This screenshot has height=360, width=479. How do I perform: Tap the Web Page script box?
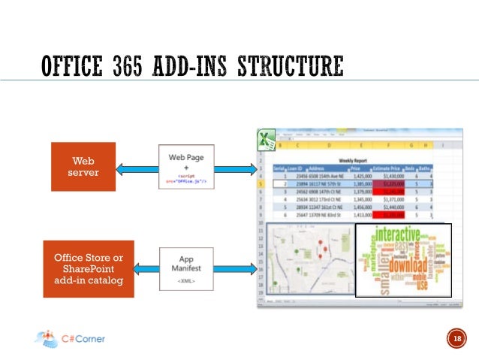click(186, 167)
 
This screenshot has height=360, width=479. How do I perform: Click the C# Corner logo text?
click(83, 339)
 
